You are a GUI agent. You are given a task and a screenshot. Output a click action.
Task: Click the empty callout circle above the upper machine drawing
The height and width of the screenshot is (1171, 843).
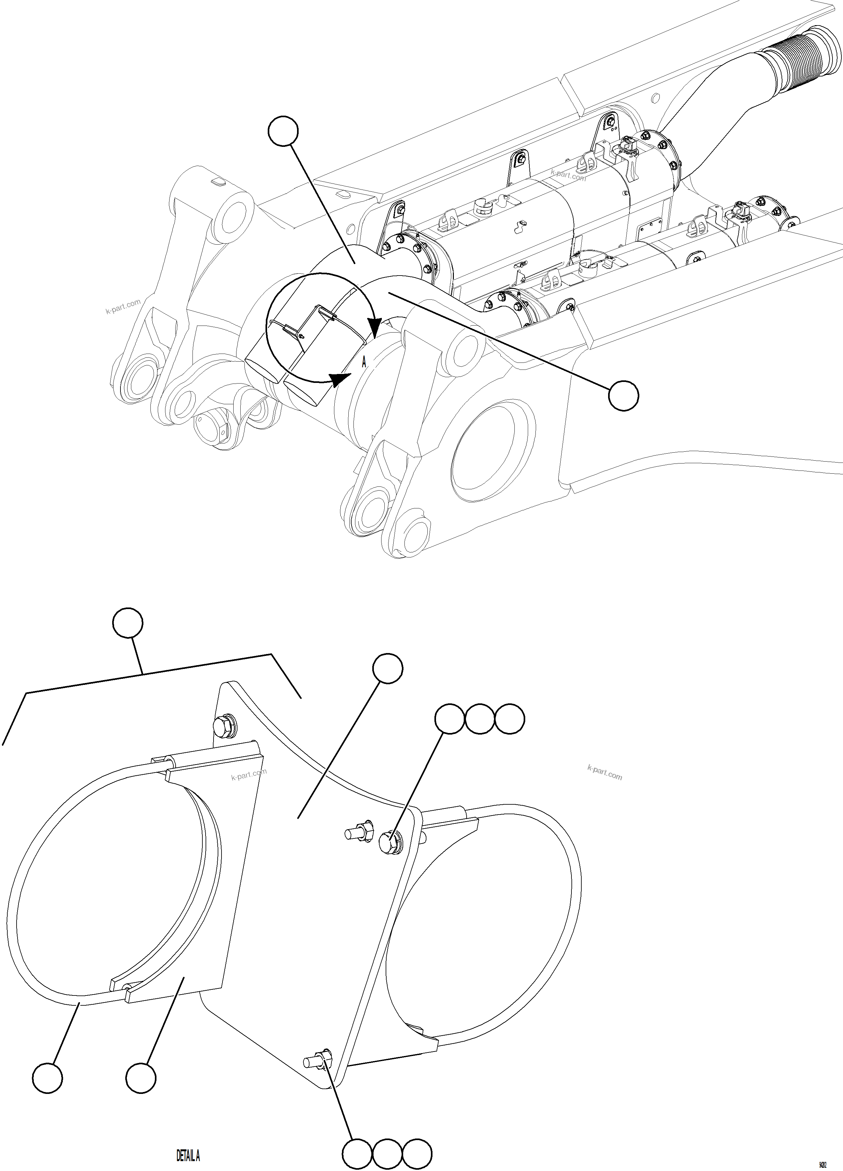pyautogui.click(x=283, y=132)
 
